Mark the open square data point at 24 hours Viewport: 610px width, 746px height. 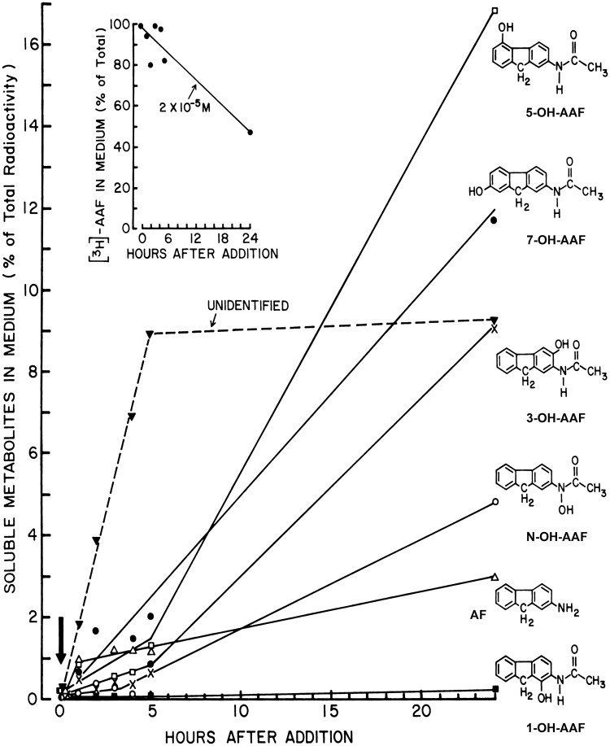coord(495,11)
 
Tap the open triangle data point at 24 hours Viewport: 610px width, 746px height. coord(495,576)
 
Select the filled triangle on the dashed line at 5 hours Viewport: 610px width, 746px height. coord(150,334)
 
